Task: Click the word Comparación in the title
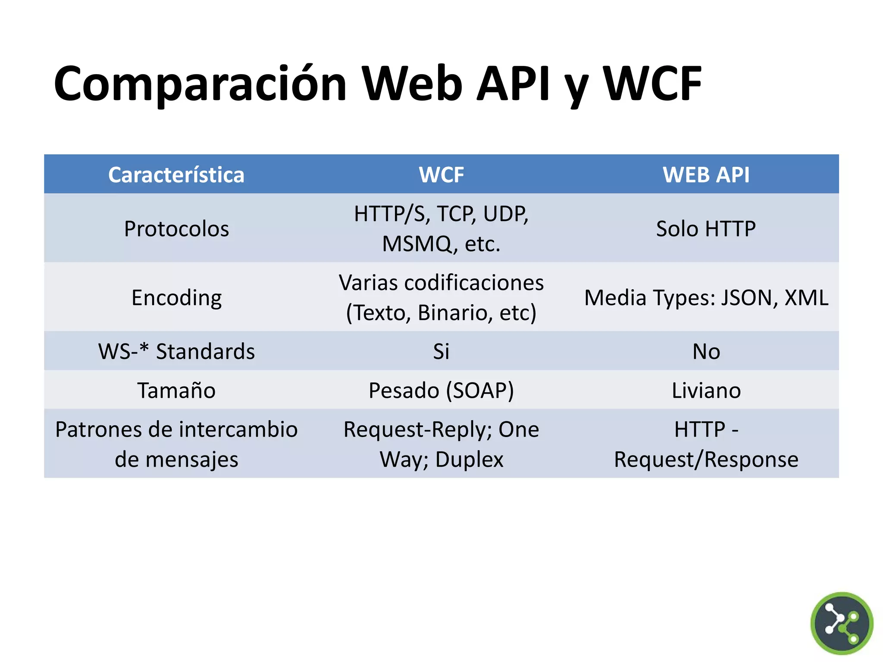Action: (x=200, y=84)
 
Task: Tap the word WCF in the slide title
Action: (x=652, y=84)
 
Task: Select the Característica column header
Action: (x=176, y=175)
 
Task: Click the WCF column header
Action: (x=441, y=175)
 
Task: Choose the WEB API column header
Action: (x=706, y=175)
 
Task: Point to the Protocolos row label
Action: (x=176, y=229)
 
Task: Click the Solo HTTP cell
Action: (x=706, y=229)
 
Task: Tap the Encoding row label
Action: (x=176, y=298)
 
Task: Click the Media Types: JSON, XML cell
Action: (x=706, y=298)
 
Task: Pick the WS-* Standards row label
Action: (x=176, y=351)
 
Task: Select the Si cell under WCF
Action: (x=441, y=351)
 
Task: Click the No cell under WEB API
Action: (x=706, y=351)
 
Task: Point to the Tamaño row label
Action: (x=176, y=390)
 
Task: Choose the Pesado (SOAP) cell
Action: (x=441, y=390)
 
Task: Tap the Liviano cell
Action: (x=706, y=390)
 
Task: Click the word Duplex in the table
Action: (x=469, y=459)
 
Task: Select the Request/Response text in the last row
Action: (x=706, y=459)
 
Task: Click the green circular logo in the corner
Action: (x=841, y=623)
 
